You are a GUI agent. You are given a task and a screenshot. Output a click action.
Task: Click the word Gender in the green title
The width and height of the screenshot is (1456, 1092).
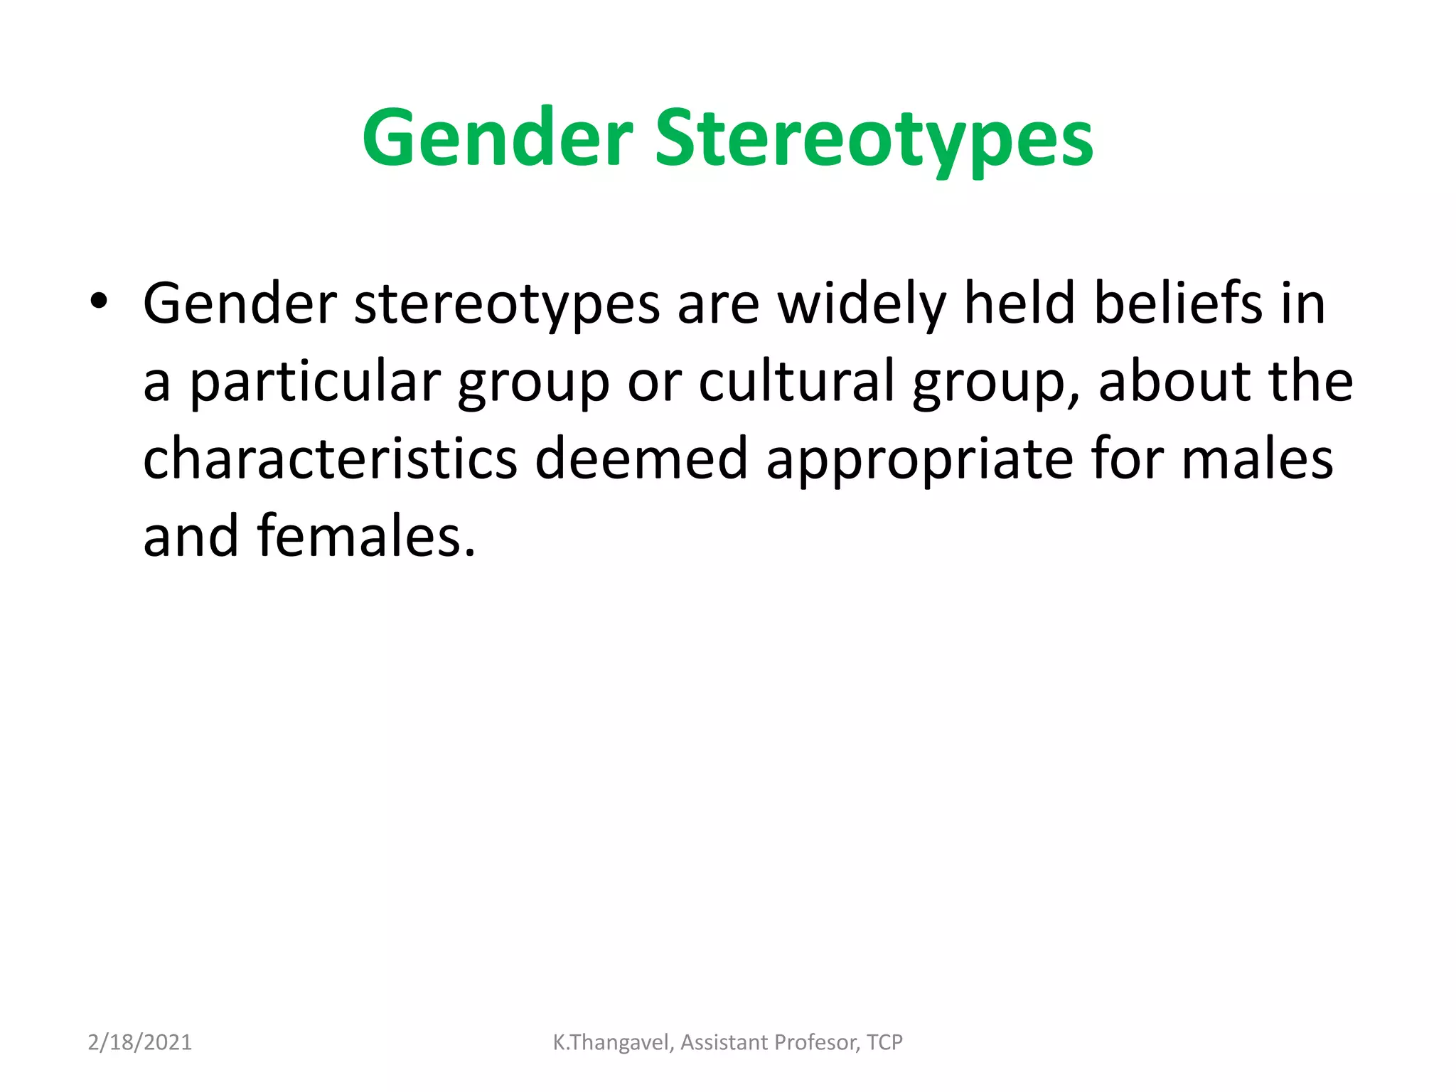click(497, 138)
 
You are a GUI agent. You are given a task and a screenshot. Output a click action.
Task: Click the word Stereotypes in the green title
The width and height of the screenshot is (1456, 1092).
click(874, 138)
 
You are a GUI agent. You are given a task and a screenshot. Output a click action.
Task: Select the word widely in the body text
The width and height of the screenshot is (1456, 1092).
click(861, 304)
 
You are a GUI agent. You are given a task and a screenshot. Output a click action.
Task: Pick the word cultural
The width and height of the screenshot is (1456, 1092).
click(796, 381)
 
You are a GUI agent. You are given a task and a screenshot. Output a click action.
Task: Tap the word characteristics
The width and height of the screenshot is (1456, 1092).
click(330, 459)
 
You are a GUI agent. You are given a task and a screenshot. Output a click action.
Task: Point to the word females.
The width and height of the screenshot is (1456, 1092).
click(365, 536)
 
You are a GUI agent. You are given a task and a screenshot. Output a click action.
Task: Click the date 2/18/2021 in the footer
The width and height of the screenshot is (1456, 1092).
click(139, 1042)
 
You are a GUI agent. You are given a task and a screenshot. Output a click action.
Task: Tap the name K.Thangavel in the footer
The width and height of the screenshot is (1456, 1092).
click(612, 1042)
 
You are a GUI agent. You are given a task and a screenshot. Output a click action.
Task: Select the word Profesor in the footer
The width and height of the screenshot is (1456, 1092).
click(817, 1042)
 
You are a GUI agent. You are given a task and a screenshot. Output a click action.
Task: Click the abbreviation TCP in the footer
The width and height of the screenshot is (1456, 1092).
click(884, 1042)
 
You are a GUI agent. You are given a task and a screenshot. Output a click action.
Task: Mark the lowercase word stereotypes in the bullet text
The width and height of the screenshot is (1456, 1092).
click(507, 304)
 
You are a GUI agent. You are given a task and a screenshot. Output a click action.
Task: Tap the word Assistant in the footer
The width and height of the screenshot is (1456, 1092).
click(724, 1042)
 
